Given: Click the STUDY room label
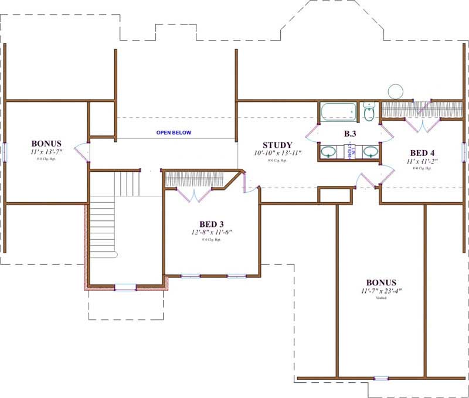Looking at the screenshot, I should pyautogui.click(x=277, y=145).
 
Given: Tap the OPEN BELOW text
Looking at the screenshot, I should pyautogui.click(x=174, y=132).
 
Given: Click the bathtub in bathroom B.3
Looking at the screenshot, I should pyautogui.click(x=338, y=110).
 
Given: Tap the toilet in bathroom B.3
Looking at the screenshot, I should pyautogui.click(x=369, y=112).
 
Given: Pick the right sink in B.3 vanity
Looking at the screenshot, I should pyautogui.click(x=370, y=152).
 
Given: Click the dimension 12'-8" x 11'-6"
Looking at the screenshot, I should pyautogui.click(x=212, y=232).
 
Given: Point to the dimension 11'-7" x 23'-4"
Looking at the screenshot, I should pyautogui.click(x=381, y=290).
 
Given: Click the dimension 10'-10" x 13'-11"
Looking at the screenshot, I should pyautogui.click(x=277, y=153).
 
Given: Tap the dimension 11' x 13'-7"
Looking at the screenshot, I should pyautogui.click(x=46, y=151).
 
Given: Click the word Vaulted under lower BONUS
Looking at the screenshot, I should pyautogui.click(x=381, y=298).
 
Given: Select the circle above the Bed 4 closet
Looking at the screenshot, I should pyautogui.click(x=396, y=91).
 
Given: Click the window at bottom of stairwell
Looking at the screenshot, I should pyautogui.click(x=125, y=287).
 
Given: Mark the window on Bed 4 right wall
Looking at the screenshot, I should pyautogui.click(x=464, y=151).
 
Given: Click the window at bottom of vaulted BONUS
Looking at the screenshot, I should pyautogui.click(x=381, y=378).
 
